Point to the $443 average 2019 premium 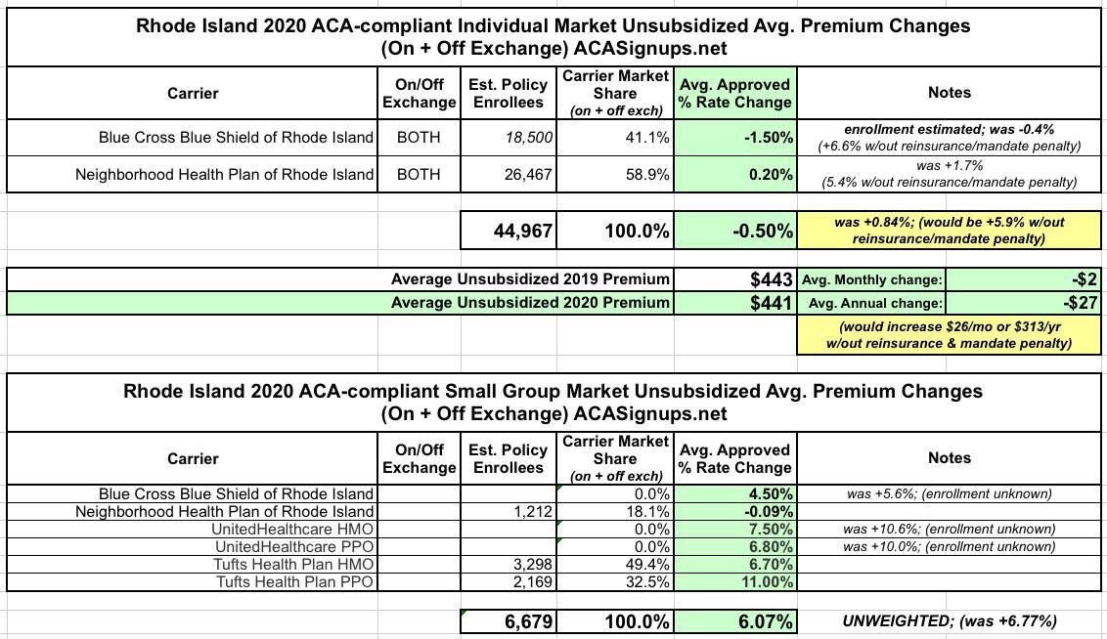[x=771, y=280]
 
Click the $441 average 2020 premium [x=771, y=303]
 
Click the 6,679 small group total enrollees [x=529, y=621]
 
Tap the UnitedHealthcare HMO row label [x=292, y=529]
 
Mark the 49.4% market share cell [x=647, y=564]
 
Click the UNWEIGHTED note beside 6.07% [x=949, y=621]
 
